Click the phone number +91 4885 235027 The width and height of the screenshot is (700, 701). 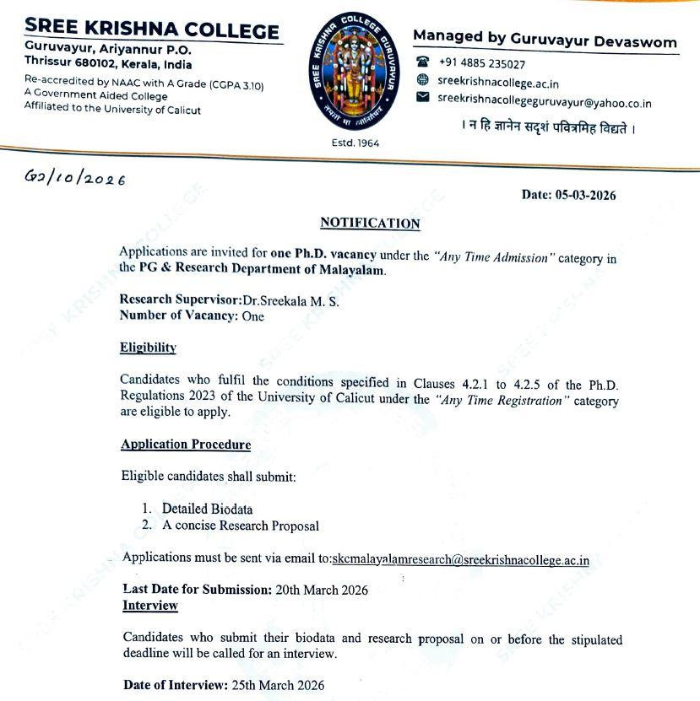click(x=481, y=63)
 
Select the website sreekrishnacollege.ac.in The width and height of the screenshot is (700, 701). click(x=497, y=83)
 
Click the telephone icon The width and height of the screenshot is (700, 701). click(x=423, y=62)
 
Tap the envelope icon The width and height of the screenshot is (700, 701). click(x=423, y=98)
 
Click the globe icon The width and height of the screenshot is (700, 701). click(x=423, y=80)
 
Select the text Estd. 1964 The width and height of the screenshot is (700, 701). click(x=355, y=143)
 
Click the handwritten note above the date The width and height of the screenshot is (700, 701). click(x=75, y=179)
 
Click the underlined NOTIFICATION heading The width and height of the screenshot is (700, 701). click(x=370, y=223)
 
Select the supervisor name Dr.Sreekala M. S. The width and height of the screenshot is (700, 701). click(x=290, y=301)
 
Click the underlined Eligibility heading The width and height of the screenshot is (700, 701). click(x=148, y=348)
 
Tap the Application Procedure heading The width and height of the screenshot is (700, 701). click(x=186, y=445)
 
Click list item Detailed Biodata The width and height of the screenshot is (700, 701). click(x=207, y=509)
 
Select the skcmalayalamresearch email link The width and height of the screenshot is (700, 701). click(x=461, y=558)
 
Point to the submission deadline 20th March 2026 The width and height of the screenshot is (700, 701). click(x=322, y=590)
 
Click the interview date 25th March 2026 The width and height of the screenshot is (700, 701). click(x=277, y=685)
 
